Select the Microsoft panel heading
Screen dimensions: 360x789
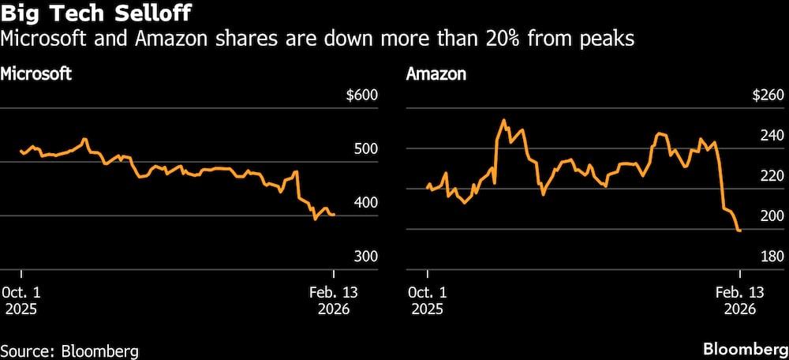[x=36, y=75]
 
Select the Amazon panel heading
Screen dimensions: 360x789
[x=436, y=75]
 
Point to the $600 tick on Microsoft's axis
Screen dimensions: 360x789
[x=362, y=96]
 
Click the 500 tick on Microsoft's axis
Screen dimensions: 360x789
[x=366, y=149]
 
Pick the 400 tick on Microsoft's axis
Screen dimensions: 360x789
[x=366, y=203]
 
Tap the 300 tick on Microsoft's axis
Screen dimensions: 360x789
[x=366, y=257]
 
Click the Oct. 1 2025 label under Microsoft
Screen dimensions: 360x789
[x=21, y=300]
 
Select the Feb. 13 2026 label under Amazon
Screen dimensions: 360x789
[x=739, y=300]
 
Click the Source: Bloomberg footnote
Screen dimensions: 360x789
[x=69, y=350]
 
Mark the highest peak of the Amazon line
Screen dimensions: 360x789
[x=503, y=120]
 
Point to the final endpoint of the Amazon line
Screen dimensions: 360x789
[x=739, y=231]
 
